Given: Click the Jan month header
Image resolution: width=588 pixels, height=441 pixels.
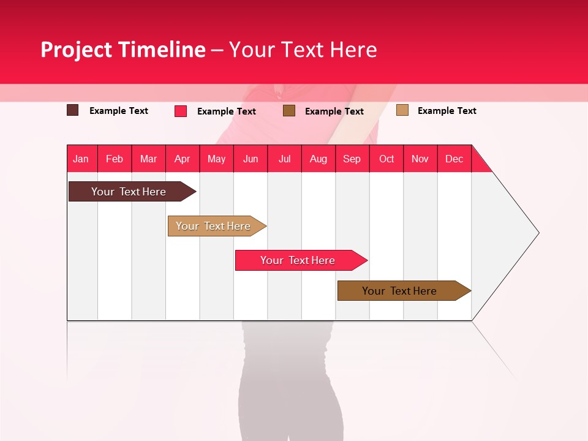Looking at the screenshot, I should pos(81,159).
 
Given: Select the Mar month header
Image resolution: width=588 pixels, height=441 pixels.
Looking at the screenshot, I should pos(148,159).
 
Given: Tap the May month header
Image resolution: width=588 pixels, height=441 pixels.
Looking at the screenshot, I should pos(216,159).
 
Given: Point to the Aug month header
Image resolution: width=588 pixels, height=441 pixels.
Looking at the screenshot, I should pos(318,159).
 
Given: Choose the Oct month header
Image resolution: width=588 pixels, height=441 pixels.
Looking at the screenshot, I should pos(386,159).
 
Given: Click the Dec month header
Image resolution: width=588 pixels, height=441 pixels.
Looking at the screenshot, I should pos(454,159).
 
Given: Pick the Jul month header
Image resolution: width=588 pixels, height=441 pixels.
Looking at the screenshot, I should pos(284,159).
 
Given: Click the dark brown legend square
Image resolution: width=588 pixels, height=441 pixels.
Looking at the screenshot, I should pos(72,110).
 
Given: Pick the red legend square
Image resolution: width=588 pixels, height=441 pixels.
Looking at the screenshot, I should pos(180,111).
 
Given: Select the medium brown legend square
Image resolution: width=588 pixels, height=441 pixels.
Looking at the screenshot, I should pos(288,111).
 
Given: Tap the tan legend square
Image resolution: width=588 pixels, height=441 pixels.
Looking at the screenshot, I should pos(402,110).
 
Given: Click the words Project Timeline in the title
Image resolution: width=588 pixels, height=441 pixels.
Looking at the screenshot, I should pos(123,50).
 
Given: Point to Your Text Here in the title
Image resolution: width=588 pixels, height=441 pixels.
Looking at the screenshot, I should pos(303,50).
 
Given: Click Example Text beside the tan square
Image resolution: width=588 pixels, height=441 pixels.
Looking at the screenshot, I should pos(447,111).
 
